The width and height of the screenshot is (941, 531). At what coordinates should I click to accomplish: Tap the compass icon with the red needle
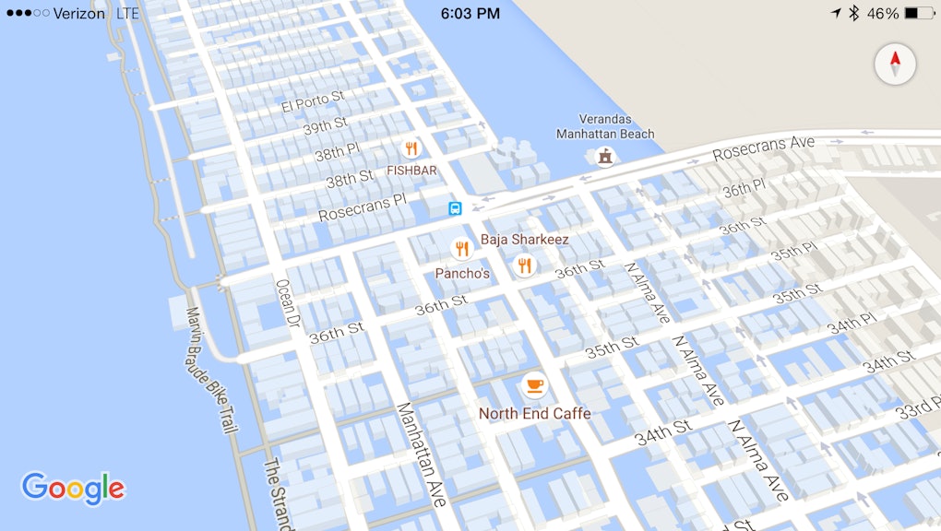point(894,65)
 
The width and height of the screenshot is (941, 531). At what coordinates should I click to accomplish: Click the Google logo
point(73,489)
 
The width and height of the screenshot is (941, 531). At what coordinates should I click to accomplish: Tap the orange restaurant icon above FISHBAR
point(411,148)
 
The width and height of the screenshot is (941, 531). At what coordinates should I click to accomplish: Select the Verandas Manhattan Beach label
point(604,126)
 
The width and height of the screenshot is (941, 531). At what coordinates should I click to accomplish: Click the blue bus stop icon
point(455,208)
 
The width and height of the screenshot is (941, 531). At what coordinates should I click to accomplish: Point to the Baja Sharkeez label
point(524,240)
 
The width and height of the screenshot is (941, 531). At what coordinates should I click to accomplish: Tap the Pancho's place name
point(462,274)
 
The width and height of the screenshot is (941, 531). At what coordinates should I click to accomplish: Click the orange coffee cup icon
point(534,384)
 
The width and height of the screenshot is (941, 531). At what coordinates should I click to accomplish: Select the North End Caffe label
point(534,414)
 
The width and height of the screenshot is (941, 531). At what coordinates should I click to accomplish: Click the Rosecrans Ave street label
point(764,147)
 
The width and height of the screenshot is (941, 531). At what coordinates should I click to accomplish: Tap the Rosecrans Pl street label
point(362,207)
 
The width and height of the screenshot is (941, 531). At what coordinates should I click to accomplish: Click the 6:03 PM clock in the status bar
point(470,14)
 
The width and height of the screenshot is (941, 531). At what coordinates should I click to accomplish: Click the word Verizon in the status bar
point(79,14)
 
